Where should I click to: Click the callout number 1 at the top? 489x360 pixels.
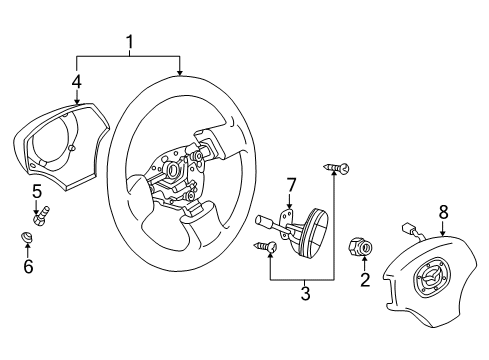(130, 42)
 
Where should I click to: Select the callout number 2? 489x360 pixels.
(365, 279)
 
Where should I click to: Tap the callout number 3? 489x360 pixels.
(305, 293)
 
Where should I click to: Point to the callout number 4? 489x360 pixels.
(77, 82)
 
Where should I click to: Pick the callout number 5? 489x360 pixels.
(37, 192)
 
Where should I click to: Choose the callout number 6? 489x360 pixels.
(28, 266)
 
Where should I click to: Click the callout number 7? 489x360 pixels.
(291, 185)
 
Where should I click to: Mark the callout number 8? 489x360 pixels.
(443, 213)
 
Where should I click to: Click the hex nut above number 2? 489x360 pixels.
(360, 247)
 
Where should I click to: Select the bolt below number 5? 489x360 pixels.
(41, 216)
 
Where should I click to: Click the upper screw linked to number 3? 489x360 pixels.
(337, 168)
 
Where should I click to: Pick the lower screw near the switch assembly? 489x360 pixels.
(265, 247)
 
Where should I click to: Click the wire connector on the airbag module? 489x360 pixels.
(407, 228)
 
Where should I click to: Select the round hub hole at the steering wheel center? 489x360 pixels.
(173, 170)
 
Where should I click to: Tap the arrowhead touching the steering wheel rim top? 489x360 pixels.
(180, 73)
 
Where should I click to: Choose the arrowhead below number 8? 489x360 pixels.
(443, 233)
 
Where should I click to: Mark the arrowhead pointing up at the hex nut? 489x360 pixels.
(365, 259)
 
